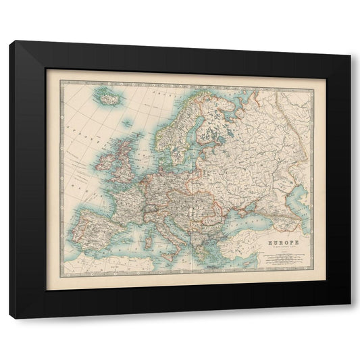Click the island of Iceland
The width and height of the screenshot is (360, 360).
coord(107,98)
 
